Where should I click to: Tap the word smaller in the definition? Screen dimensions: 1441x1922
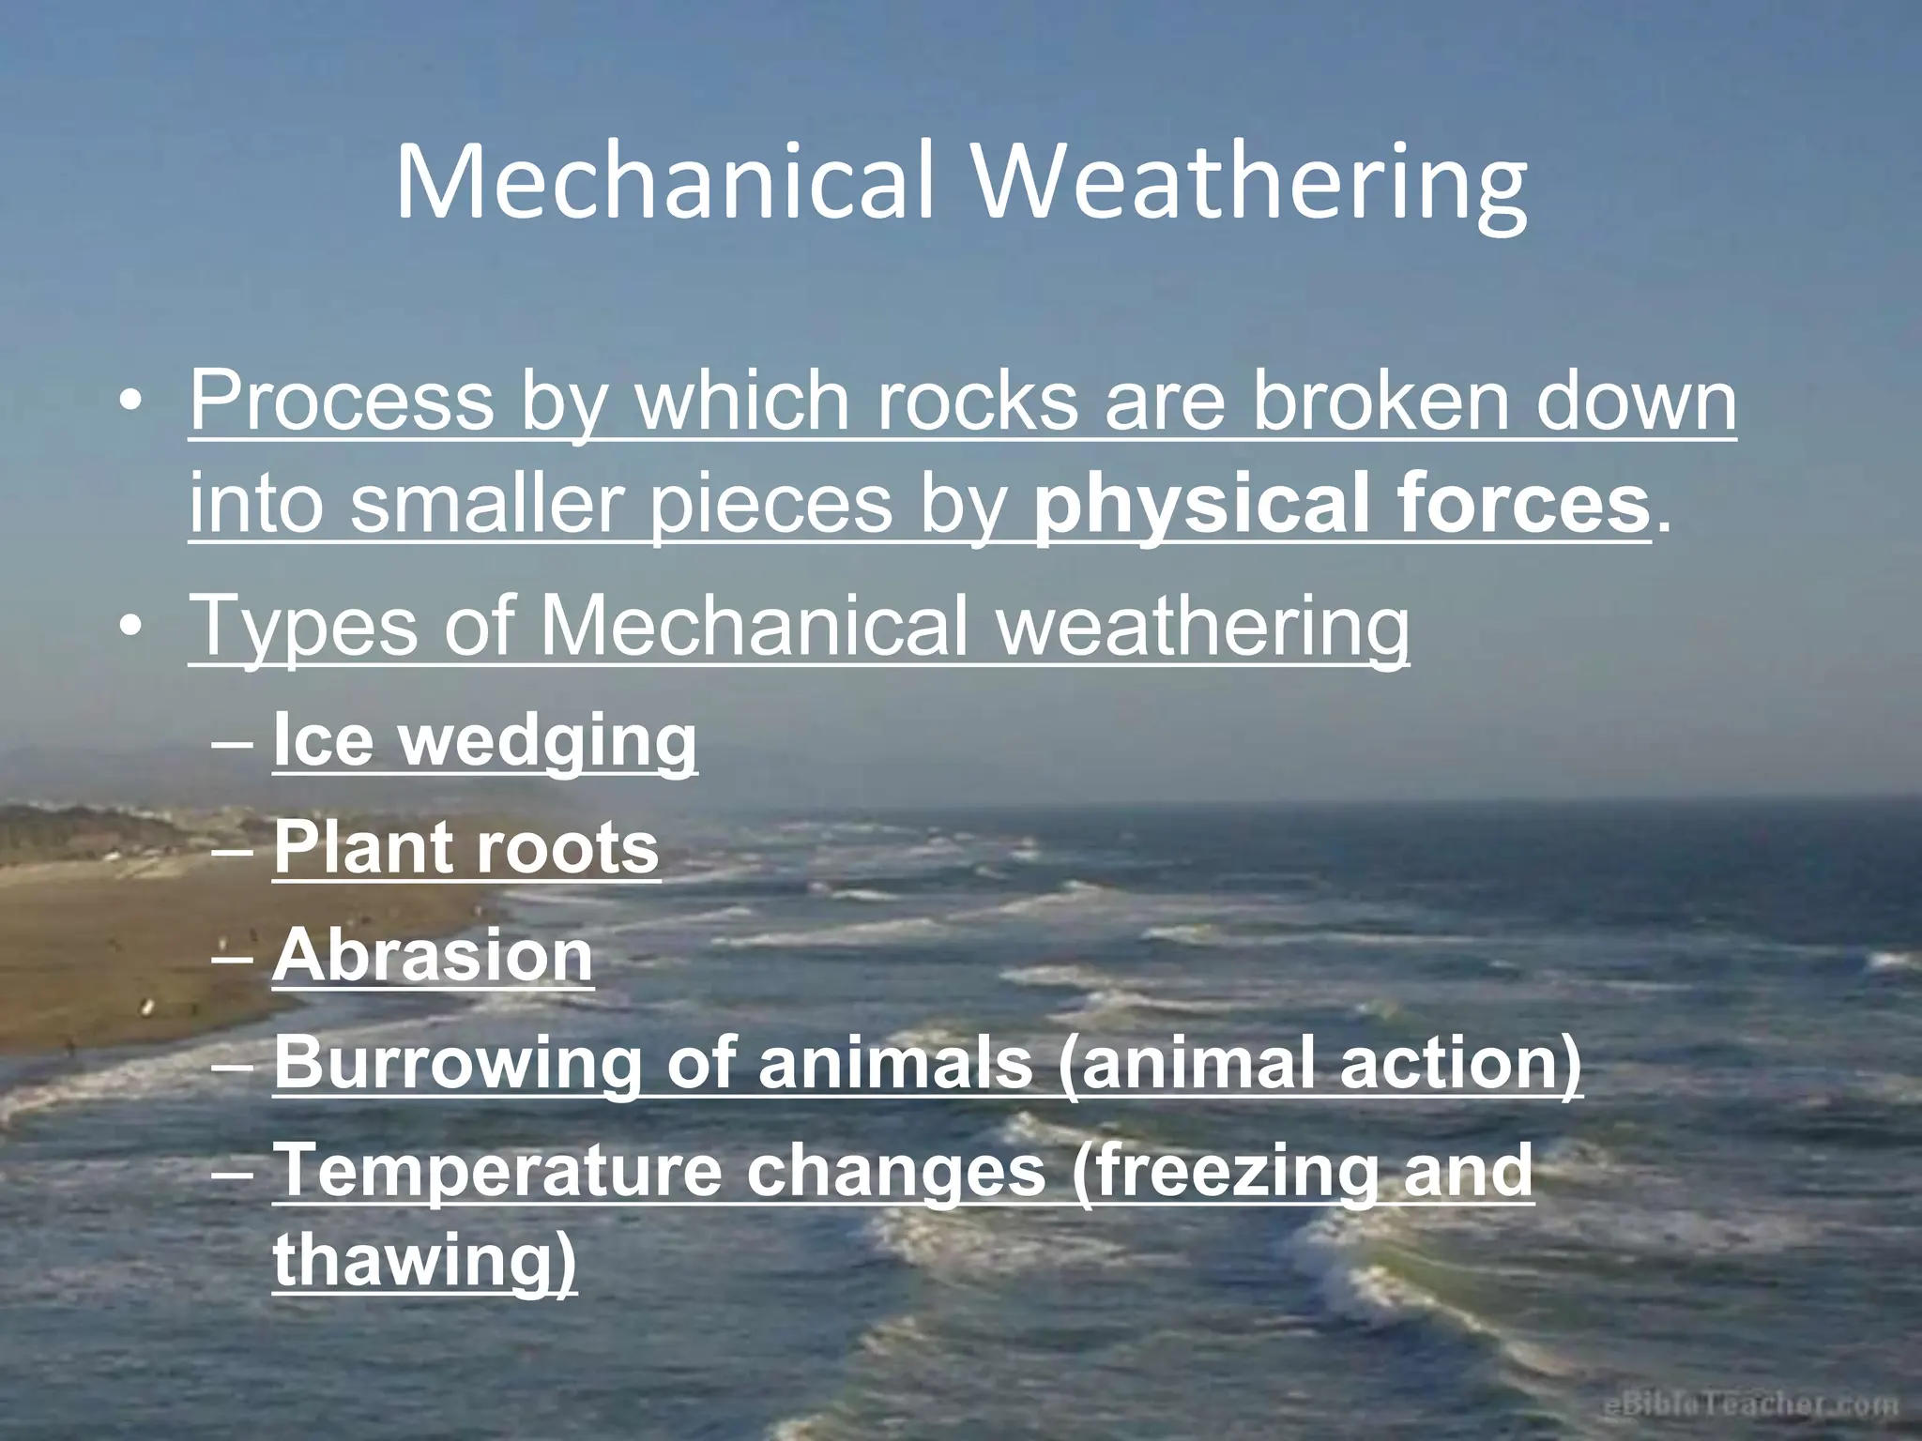487,505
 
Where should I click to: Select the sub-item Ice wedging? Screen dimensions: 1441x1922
484,742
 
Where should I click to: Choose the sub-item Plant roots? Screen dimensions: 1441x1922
466,848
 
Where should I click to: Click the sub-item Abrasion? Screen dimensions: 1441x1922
433,955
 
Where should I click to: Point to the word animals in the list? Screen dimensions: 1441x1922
895,1064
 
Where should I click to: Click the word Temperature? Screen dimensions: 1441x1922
496,1170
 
